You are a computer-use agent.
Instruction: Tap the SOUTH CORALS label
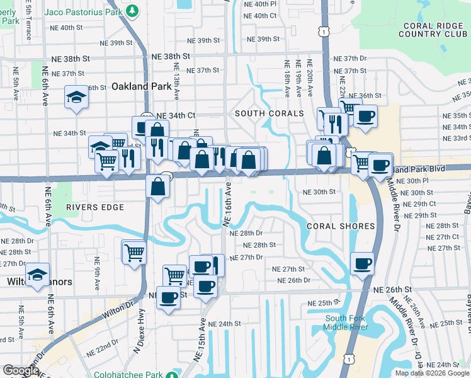point(269,113)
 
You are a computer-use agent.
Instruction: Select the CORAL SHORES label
point(341,226)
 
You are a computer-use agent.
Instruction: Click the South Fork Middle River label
point(345,323)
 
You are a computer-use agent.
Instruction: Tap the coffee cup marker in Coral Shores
point(362,263)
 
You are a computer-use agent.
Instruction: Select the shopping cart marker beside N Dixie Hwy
point(134,252)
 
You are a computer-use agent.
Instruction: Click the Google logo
point(21,370)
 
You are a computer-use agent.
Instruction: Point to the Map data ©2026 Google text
point(432,373)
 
